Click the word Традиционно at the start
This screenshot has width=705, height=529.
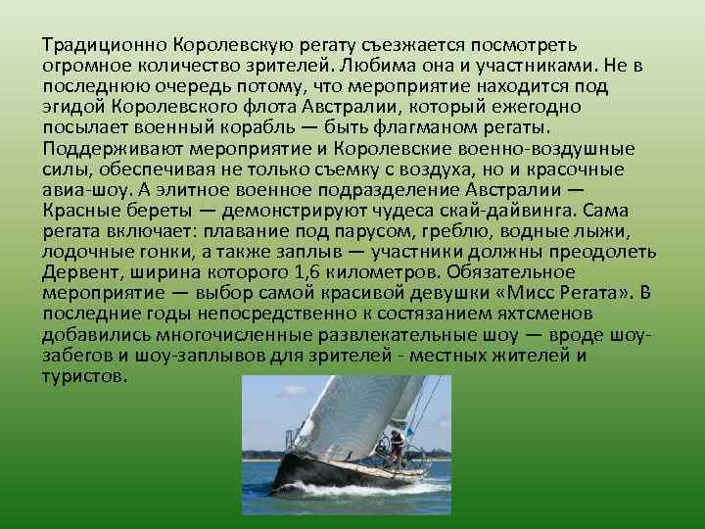click(105, 45)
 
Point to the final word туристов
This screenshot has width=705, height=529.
click(85, 374)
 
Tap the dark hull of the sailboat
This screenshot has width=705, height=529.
click(323, 470)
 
